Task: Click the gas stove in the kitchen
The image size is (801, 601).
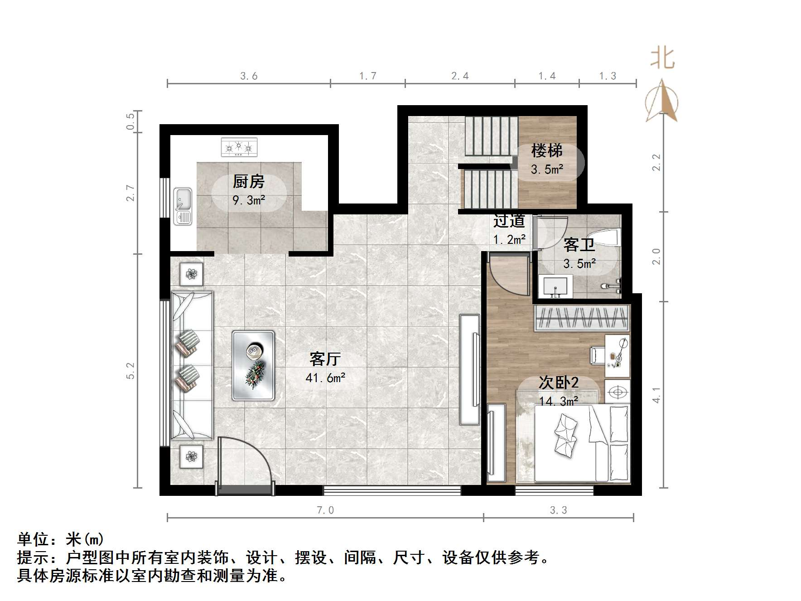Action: [239, 147]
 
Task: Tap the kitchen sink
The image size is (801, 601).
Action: [183, 207]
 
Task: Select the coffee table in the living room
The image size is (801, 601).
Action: [253, 365]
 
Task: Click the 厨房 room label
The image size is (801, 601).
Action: [248, 182]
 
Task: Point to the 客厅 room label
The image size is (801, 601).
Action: [325, 359]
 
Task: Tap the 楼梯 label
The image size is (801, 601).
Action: [547, 150]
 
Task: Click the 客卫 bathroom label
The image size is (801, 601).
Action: [579, 246]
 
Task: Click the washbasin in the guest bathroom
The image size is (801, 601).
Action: [555, 286]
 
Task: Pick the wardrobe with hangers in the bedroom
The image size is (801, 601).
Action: [582, 317]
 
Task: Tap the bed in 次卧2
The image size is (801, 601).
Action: [582, 443]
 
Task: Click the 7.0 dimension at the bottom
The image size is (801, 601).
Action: [325, 510]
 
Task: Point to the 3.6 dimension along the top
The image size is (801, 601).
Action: [249, 76]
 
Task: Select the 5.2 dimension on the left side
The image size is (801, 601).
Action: [130, 371]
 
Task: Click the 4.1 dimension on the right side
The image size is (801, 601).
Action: [656, 394]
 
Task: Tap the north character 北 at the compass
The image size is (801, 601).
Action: [662, 58]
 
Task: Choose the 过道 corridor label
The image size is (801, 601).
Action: [509, 221]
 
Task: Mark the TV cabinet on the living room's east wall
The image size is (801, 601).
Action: [470, 369]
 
